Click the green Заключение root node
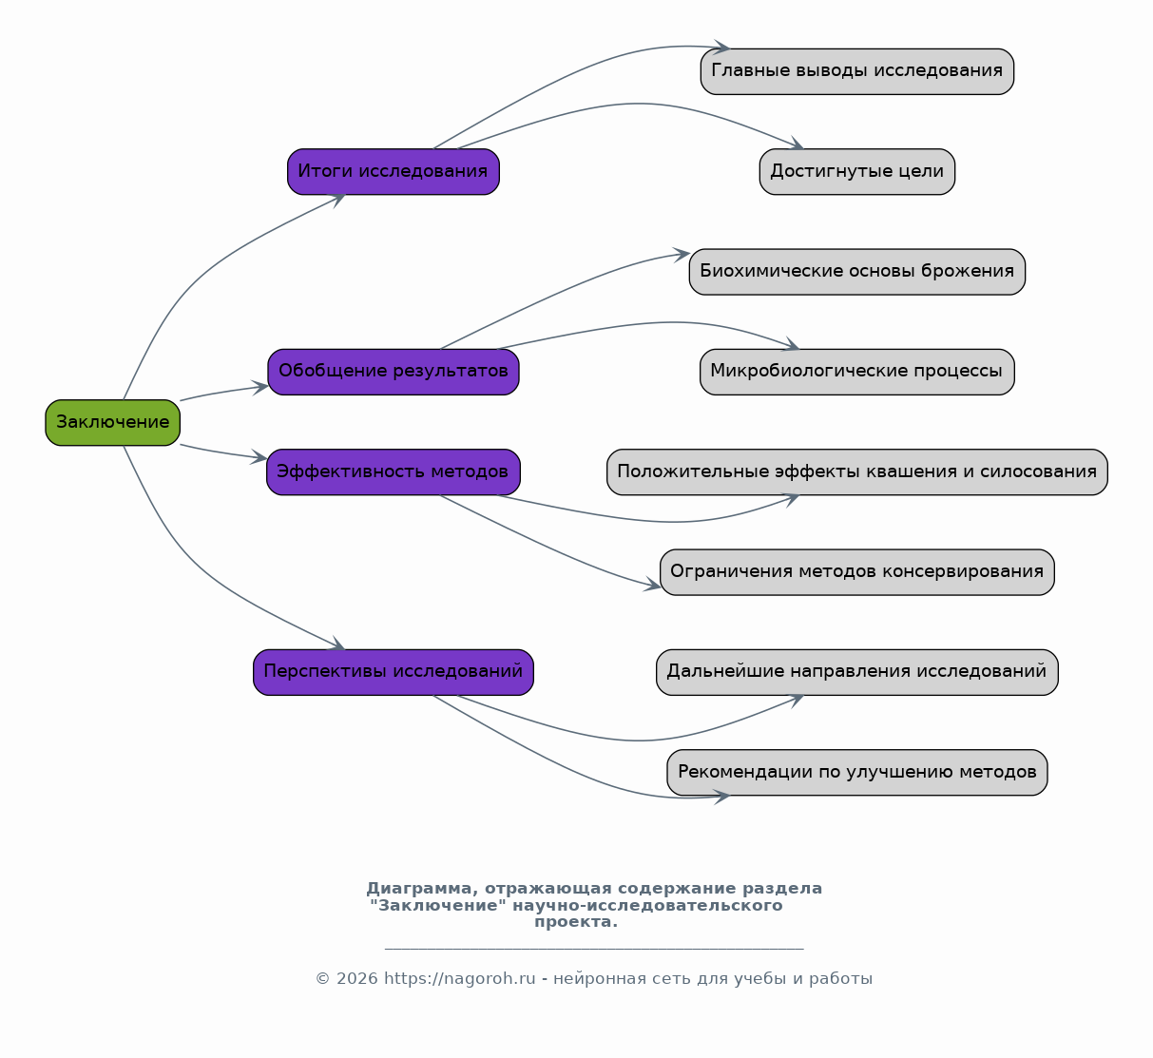pos(113,423)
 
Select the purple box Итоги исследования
pos(394,172)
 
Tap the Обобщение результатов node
pos(394,372)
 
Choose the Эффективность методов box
pos(394,472)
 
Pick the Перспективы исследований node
pos(394,672)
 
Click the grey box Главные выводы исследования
pos(857,71)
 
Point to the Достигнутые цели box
pos(857,172)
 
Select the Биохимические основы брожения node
pos(857,272)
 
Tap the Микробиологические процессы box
pos(857,372)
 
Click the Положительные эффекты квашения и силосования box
pos(857,472)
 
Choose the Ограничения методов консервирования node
pos(857,572)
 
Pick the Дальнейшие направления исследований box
pos(857,672)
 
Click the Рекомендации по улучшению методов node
pos(857,772)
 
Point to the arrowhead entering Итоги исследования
pos(338,199)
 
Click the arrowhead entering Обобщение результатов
pos(260,388)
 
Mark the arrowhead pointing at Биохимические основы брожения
pos(682,255)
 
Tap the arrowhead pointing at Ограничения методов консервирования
pos(652,586)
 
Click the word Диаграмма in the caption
pos(419,889)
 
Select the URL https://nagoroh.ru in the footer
pos(459,978)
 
